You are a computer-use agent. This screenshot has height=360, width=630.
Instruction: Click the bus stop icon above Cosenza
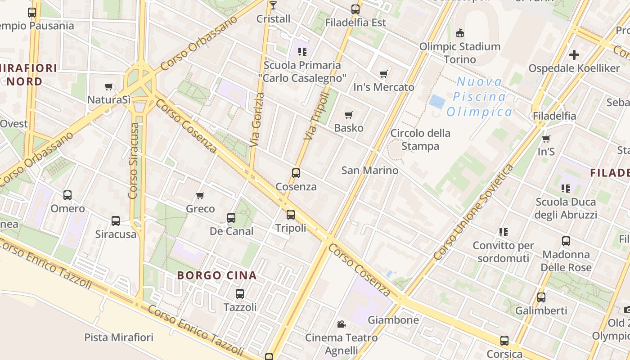pyautogui.click(x=296, y=173)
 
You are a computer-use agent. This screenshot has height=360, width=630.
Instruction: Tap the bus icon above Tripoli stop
pyautogui.click(x=291, y=215)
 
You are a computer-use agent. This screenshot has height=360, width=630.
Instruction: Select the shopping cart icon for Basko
pyautogui.click(x=348, y=115)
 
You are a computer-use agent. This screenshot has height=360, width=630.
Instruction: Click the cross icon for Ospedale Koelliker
pyautogui.click(x=574, y=55)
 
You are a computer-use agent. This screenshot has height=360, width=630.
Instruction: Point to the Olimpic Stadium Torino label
pyautogui.click(x=459, y=53)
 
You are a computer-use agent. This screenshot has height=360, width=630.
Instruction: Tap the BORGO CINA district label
pyautogui.click(x=217, y=275)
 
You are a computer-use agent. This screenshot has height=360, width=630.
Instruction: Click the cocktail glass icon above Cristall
pyautogui.click(x=273, y=5)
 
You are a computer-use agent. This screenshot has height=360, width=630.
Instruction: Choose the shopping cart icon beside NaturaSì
pyautogui.click(x=108, y=86)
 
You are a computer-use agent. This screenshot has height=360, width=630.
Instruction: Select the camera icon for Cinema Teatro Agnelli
pyautogui.click(x=341, y=324)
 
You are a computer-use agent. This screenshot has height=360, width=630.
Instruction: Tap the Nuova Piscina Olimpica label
pyautogui.click(x=479, y=97)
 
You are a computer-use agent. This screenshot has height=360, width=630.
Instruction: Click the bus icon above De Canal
pyautogui.click(x=231, y=218)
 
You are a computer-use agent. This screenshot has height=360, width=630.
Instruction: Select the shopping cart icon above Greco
pyautogui.click(x=200, y=195)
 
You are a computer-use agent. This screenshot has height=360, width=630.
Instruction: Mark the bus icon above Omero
pyautogui.click(x=67, y=195)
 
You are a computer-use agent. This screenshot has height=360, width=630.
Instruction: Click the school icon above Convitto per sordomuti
pyautogui.click(x=503, y=232)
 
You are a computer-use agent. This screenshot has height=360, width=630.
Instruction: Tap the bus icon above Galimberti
pyautogui.click(x=541, y=297)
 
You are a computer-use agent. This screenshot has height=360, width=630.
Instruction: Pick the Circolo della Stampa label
pyautogui.click(x=420, y=139)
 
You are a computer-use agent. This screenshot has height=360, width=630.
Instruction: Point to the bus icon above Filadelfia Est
pyautogui.click(x=355, y=9)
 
